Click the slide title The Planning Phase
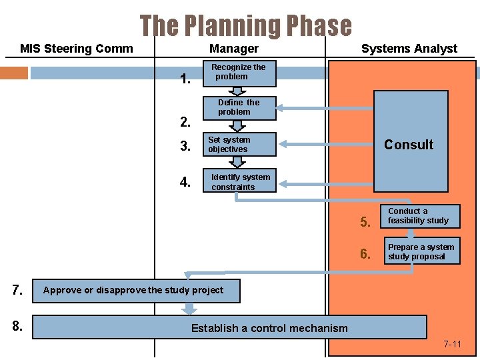click(x=245, y=26)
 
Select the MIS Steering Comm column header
click(x=76, y=49)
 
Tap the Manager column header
click(x=233, y=49)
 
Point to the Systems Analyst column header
click(x=409, y=49)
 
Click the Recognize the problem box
click(x=239, y=72)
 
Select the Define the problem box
click(x=239, y=107)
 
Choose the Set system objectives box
click(x=239, y=145)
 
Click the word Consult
click(x=409, y=145)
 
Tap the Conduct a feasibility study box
click(x=421, y=216)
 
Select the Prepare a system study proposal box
click(x=421, y=252)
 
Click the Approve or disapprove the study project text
click(x=133, y=290)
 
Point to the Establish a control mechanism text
click(x=269, y=328)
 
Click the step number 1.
click(x=186, y=81)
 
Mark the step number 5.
click(x=365, y=222)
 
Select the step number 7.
click(x=18, y=290)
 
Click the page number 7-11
click(x=452, y=345)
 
